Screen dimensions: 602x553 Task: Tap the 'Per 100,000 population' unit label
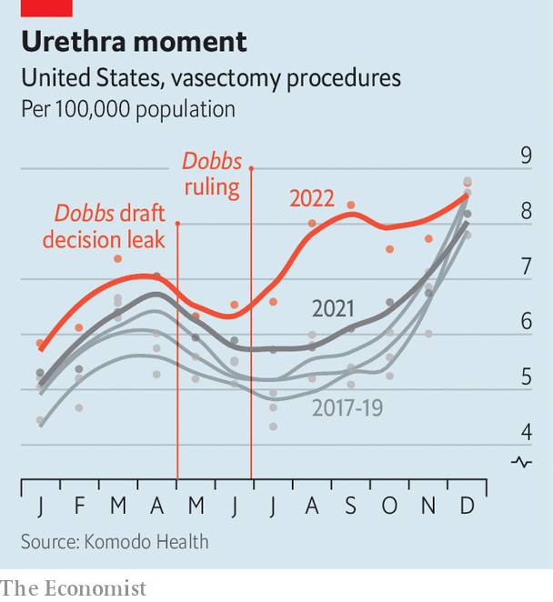(128, 109)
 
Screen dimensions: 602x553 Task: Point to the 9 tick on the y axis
(526, 156)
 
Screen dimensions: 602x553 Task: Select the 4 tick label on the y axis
(526, 432)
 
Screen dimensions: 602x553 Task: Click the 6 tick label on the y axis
(526, 322)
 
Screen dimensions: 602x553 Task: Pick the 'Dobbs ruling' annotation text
(212, 175)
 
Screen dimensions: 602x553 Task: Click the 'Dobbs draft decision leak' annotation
(110, 226)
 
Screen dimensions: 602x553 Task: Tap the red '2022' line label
(312, 197)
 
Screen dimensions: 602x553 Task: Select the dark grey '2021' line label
(333, 307)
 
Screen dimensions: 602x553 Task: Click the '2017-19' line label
(347, 408)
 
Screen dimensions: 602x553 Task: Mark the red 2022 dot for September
(351, 205)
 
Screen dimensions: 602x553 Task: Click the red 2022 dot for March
(118, 259)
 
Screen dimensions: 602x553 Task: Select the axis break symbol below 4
(523, 462)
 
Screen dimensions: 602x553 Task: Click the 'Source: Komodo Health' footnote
(115, 542)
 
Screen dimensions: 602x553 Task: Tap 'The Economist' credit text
(73, 587)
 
